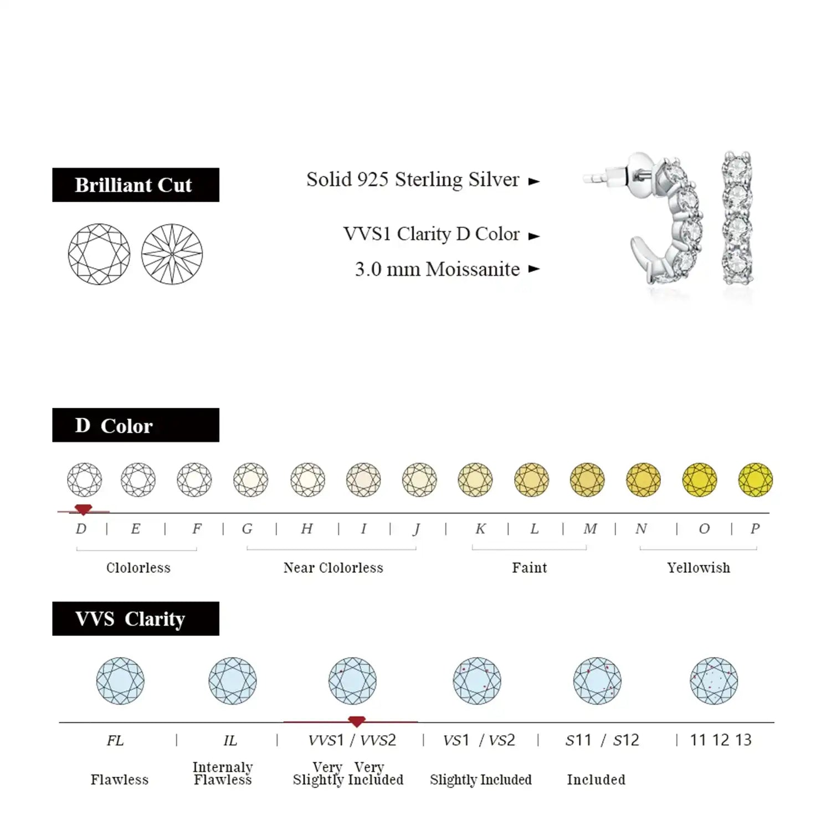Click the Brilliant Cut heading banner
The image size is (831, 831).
(x=136, y=185)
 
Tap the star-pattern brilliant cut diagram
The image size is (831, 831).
(x=172, y=254)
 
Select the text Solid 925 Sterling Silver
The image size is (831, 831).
(x=413, y=180)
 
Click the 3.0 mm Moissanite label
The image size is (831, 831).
(x=437, y=269)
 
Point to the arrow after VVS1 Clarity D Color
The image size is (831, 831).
(x=534, y=236)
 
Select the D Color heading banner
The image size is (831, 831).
(x=136, y=425)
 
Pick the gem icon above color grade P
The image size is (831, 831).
(x=755, y=480)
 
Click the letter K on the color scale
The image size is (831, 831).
(x=480, y=529)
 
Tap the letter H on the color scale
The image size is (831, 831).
(x=306, y=529)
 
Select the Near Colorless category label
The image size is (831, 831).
(x=333, y=568)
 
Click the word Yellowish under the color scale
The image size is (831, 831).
(x=698, y=568)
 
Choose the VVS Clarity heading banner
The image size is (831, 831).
(x=136, y=619)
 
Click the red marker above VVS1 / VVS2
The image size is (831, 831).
(x=356, y=721)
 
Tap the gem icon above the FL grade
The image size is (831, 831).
(x=120, y=681)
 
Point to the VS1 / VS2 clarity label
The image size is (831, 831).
(x=479, y=740)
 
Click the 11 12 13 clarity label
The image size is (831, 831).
(x=720, y=740)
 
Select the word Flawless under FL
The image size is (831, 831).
(x=120, y=780)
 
